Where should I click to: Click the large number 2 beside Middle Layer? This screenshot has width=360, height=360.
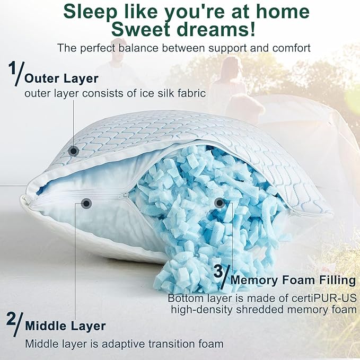11,320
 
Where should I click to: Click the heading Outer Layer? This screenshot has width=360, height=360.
62,78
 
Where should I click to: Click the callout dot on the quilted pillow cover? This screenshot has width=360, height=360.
74,152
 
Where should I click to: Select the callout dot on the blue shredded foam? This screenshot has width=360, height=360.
219,202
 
